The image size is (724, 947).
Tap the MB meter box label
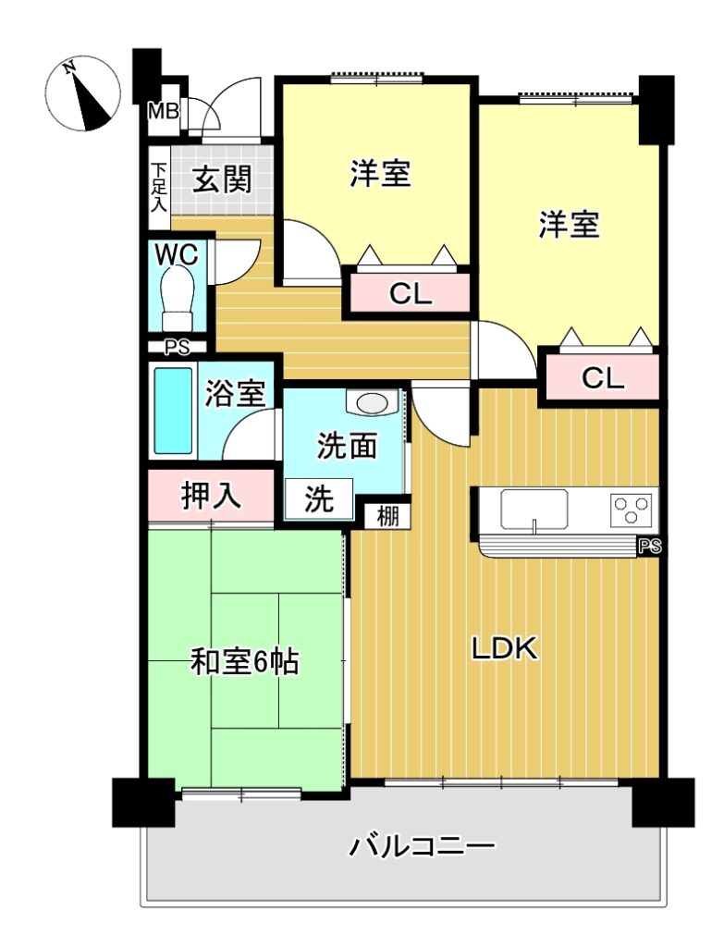pyautogui.click(x=164, y=111)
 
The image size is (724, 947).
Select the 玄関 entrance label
pyautogui.click(x=222, y=179)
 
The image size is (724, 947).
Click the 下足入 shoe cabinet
pyautogui.click(x=159, y=188)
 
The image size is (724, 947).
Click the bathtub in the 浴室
pyautogui.click(x=174, y=411)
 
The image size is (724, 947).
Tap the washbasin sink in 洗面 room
pyautogui.click(x=370, y=402)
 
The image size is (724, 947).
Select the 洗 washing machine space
pyautogui.click(x=318, y=498)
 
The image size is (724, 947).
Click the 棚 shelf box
pyautogui.click(x=387, y=516)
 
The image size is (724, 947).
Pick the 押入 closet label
pyautogui.click(x=211, y=496)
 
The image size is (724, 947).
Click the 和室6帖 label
pyautogui.click(x=244, y=662)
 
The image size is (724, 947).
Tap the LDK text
pyautogui.click(x=504, y=649)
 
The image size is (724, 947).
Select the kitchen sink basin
pyautogui.click(x=534, y=510)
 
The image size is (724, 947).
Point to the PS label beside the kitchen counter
pyautogui.click(x=651, y=547)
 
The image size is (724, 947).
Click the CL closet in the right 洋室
pyautogui.click(x=602, y=377)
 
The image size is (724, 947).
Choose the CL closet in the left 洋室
pyautogui.click(x=410, y=294)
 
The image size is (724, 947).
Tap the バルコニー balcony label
pyautogui.click(x=422, y=845)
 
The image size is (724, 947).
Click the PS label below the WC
pyautogui.click(x=177, y=348)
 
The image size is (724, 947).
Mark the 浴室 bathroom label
pyautogui.click(x=235, y=392)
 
